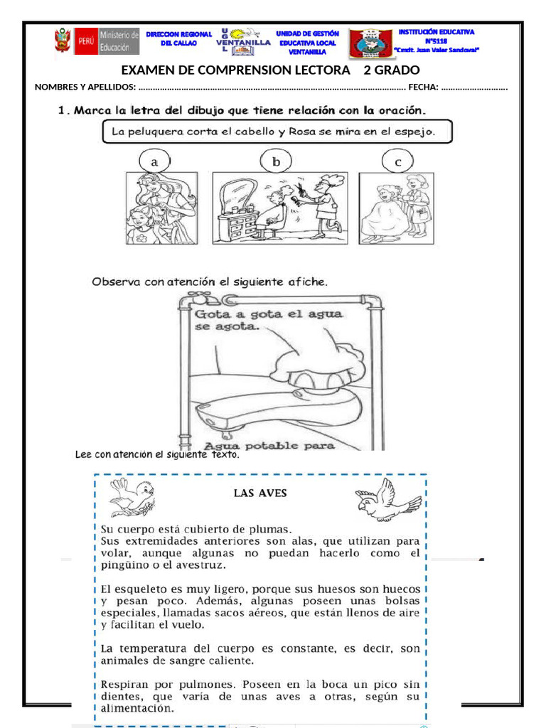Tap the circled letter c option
click(x=397, y=161)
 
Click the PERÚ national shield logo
click(x=63, y=42)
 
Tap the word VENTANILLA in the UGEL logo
click(x=243, y=42)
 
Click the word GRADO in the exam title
click(x=398, y=70)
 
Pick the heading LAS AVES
click(x=260, y=492)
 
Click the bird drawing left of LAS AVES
click(x=132, y=496)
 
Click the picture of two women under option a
click(x=161, y=208)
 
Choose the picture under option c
click(x=396, y=208)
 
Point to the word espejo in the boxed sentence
click(x=416, y=131)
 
